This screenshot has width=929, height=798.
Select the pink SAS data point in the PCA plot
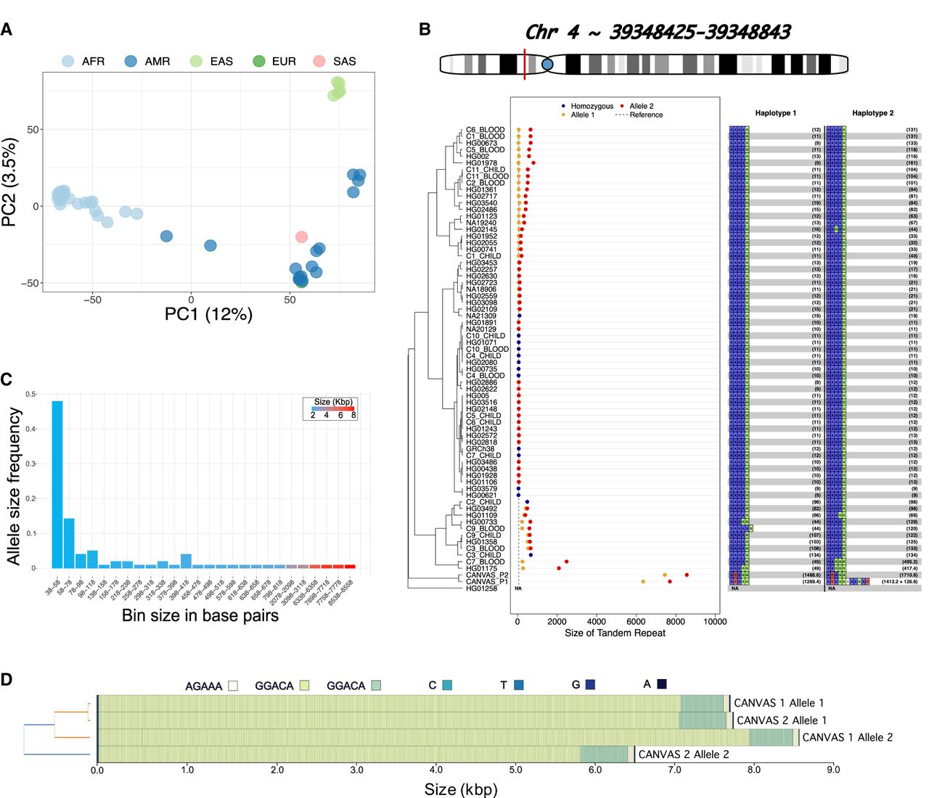pyautogui.click(x=301, y=236)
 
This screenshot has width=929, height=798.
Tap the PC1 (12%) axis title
pyautogui.click(x=208, y=313)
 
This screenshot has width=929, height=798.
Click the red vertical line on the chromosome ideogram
pyautogui.click(x=524, y=63)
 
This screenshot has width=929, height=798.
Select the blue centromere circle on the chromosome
pyautogui.click(x=547, y=65)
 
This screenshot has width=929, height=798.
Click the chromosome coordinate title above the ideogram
pyautogui.click(x=657, y=32)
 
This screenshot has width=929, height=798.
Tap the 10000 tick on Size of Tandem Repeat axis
pyautogui.click(x=715, y=621)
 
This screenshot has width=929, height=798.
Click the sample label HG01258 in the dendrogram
pyautogui.click(x=481, y=588)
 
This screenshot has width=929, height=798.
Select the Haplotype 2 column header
pyautogui.click(x=872, y=113)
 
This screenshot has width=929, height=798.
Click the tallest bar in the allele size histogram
pyautogui.click(x=57, y=484)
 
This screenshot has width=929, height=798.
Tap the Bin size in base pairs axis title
pyautogui.click(x=200, y=616)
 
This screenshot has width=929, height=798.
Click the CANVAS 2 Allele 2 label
pyautogui.click(x=684, y=754)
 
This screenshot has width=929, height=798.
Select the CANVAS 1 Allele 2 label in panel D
pyautogui.click(x=847, y=737)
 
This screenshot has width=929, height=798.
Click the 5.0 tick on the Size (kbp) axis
pyautogui.click(x=515, y=770)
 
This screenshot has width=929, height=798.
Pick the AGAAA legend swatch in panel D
pyautogui.click(x=232, y=686)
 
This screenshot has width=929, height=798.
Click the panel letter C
pyautogui.click(x=7, y=379)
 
